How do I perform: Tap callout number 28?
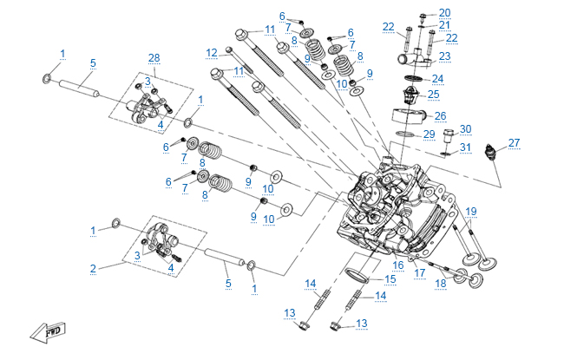[154, 58]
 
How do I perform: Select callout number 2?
[93, 268]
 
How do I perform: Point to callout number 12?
[211, 54]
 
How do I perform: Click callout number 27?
[515, 143]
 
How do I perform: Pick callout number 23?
[445, 56]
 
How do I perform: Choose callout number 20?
[445, 12]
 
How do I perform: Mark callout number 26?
[441, 115]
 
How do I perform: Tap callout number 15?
[390, 279]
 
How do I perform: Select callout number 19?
[471, 212]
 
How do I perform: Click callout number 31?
[465, 147]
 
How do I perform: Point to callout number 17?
[419, 273]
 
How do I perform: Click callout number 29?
[429, 134]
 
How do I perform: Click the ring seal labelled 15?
[357, 276]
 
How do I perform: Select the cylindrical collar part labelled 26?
[407, 115]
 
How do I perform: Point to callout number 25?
[434, 94]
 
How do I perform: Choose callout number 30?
[465, 129]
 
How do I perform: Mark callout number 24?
[437, 78]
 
